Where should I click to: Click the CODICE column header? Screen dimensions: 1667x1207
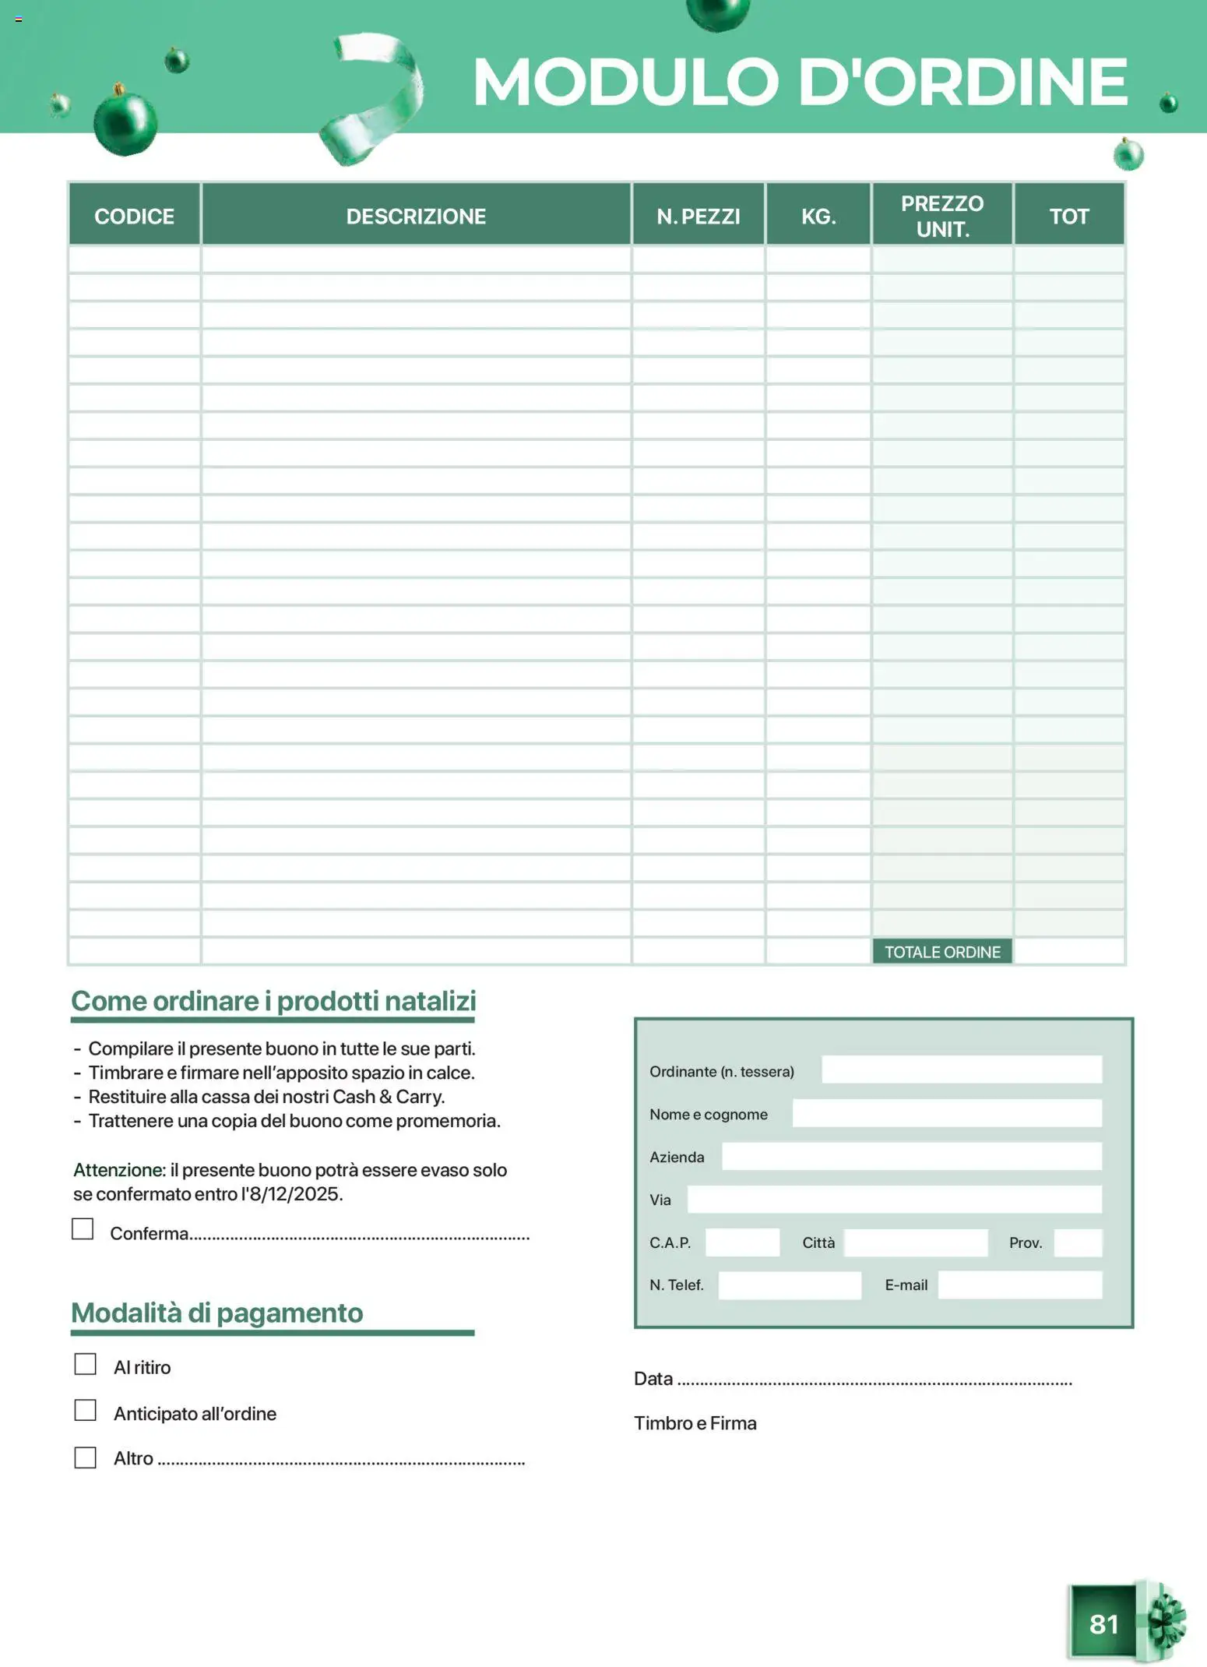pos(134,216)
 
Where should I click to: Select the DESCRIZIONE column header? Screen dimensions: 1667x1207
pos(416,216)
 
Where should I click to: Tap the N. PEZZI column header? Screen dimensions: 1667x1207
pos(698,216)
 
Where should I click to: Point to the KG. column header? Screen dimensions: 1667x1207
pos(818,216)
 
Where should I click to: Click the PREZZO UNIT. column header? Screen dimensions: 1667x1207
pos(942,216)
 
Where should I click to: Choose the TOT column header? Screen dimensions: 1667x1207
pos(1068,216)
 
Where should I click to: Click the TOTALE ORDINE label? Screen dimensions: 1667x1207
pos(942,952)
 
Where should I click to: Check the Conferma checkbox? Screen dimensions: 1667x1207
pos(83,1228)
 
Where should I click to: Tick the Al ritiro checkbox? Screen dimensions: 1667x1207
pos(85,1364)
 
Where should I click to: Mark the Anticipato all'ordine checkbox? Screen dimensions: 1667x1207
pos(85,1410)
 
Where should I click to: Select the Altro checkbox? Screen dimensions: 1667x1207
pos(85,1457)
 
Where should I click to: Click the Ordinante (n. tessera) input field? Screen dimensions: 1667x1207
pos(962,1070)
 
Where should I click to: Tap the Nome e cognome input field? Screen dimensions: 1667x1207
pos(947,1113)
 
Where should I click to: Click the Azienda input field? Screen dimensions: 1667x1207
pos(911,1156)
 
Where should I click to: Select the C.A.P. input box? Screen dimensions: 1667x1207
pos(742,1242)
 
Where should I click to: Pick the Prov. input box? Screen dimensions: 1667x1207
pos(1078,1242)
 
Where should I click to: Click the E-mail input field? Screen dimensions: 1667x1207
pos(1020,1285)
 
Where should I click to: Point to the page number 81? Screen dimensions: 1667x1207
pos(1103,1623)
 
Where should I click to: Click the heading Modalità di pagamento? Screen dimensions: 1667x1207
pos(217,1313)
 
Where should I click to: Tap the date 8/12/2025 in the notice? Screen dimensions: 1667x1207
pos(295,1194)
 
